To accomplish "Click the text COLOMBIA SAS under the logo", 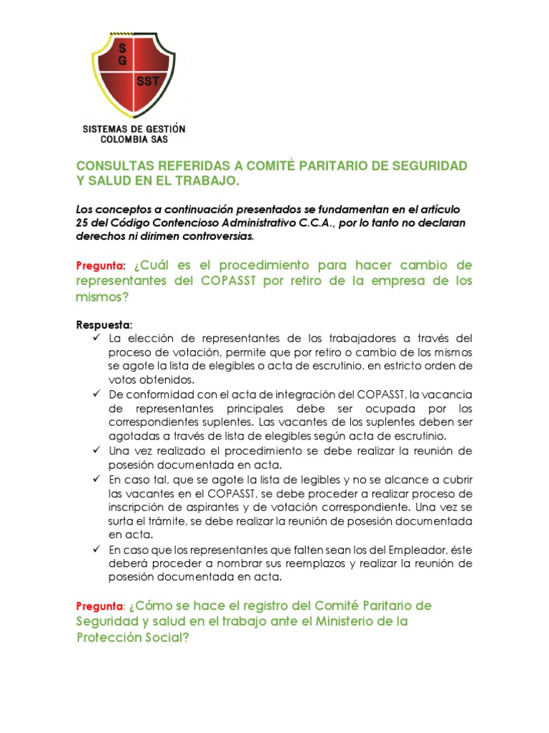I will pyautogui.click(x=134, y=139).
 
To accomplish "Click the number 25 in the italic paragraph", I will pyautogui.click(x=83, y=222).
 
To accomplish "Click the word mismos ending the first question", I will pyautogui.click(x=99, y=297).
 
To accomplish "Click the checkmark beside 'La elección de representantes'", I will pyautogui.click(x=97, y=337).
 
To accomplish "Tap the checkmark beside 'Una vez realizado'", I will pyautogui.click(x=97, y=450).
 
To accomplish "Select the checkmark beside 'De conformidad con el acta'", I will pyautogui.click(x=97, y=394).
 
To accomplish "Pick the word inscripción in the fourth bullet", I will pyautogui.click(x=143, y=506).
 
